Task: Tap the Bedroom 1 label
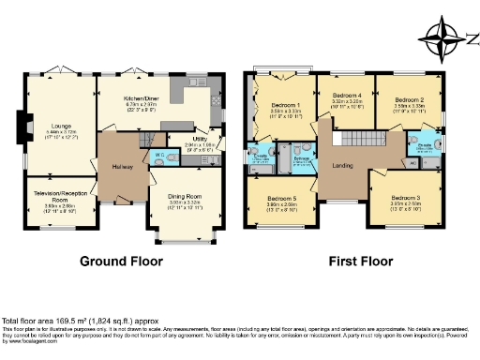[x=285, y=105]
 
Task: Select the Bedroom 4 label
[x=346, y=96]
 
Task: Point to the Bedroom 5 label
[x=281, y=199]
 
